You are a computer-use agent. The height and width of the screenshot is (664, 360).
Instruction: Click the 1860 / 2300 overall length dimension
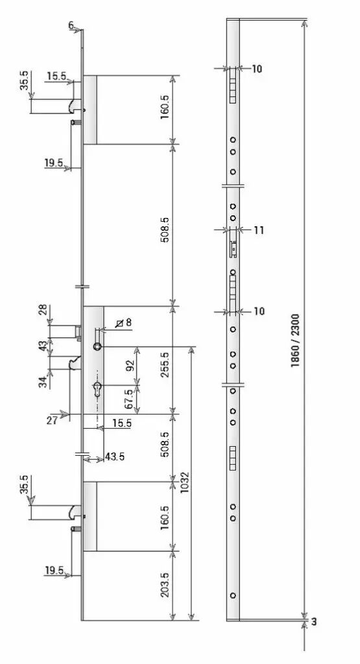(295, 340)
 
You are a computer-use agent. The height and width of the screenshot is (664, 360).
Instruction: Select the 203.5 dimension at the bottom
(165, 585)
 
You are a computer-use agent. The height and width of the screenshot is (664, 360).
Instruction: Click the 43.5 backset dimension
(115, 457)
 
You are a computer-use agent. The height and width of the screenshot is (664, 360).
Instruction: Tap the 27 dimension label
(53, 420)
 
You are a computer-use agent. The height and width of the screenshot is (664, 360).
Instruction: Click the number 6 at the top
(71, 25)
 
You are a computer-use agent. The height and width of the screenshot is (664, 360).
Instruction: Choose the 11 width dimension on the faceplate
(259, 230)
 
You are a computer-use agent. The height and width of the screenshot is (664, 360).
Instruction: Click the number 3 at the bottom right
(314, 622)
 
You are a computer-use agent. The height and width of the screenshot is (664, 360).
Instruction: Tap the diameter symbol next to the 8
(120, 323)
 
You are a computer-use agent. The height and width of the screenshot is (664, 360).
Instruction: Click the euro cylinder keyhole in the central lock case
(97, 388)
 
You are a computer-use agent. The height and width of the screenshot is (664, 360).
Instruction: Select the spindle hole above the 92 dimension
(97, 346)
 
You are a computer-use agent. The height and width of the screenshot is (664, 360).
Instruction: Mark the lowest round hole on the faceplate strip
(233, 595)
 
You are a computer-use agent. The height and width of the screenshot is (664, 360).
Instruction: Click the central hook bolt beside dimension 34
(75, 363)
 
